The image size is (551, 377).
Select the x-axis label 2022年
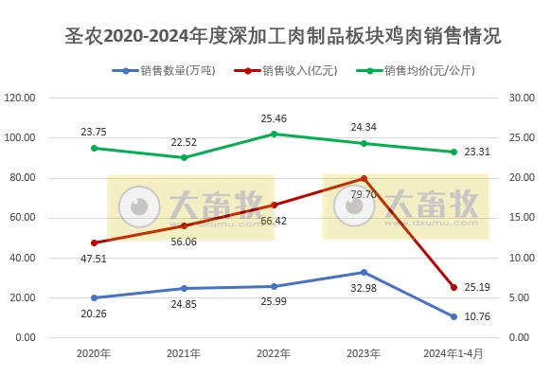(274, 353)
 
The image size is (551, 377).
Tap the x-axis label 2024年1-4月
(453, 353)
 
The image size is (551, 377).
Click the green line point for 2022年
(274, 134)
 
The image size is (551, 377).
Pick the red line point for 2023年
(364, 178)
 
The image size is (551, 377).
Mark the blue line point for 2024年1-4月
(453, 316)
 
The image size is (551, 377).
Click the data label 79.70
(364, 194)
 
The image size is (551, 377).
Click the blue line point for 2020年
(94, 297)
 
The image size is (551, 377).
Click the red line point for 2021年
(184, 225)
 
